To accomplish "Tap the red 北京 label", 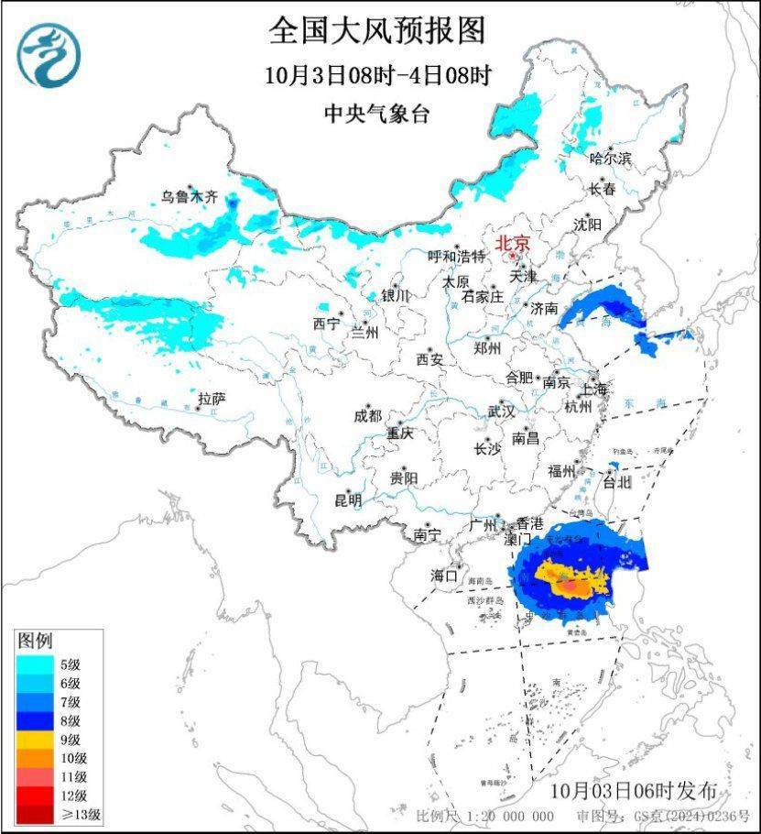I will (512, 244).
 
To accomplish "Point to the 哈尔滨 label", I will (610, 159).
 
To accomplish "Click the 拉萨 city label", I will (211, 399).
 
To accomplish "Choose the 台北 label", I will (616, 481).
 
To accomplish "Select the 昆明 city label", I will (348, 500).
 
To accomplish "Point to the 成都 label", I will (367, 415).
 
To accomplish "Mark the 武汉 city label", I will (501, 412).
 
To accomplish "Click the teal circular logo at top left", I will (49, 55).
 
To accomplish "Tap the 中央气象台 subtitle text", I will (376, 114).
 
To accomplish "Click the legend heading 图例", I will (35, 640).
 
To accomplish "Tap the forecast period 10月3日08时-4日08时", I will (376, 75).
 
